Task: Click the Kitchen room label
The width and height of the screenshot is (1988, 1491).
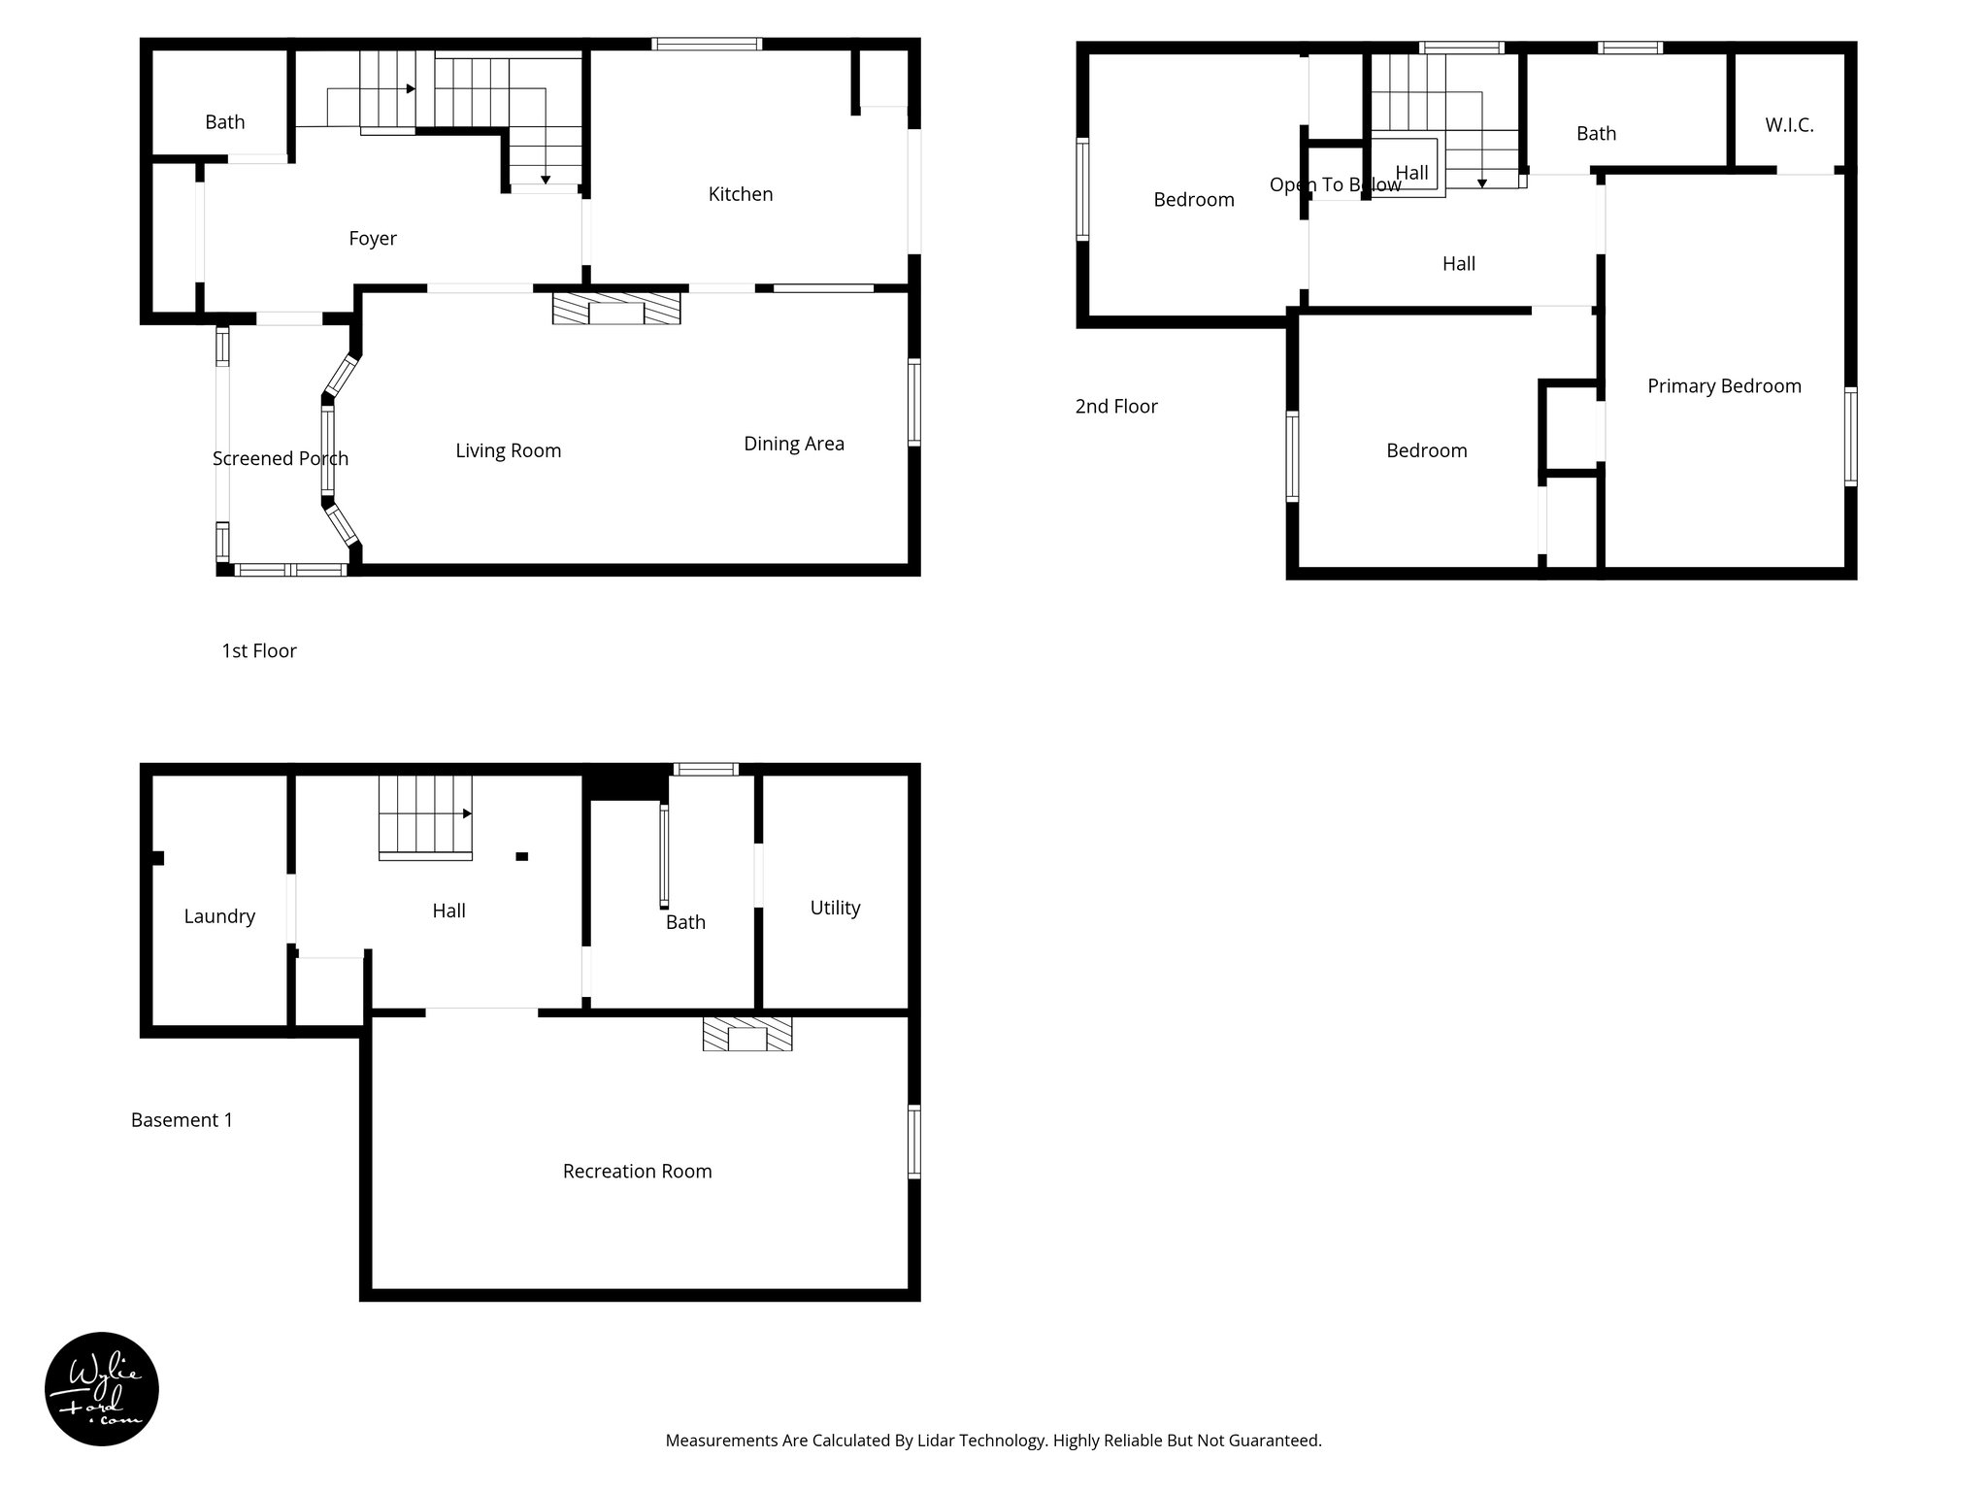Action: click(740, 194)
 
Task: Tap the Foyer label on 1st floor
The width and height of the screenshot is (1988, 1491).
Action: click(373, 239)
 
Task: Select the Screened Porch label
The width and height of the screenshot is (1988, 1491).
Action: click(280, 458)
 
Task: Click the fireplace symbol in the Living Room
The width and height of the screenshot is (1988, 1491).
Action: click(616, 308)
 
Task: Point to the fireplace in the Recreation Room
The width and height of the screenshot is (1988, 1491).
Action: click(747, 1034)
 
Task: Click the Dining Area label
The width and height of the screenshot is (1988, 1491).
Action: click(793, 444)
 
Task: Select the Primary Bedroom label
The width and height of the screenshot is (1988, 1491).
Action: click(1723, 386)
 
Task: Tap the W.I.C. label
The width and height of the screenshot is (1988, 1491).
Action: click(1788, 125)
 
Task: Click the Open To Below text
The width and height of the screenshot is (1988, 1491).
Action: click(1335, 185)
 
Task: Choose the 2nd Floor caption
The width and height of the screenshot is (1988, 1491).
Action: click(1115, 407)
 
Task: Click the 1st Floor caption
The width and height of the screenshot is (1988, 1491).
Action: click(258, 651)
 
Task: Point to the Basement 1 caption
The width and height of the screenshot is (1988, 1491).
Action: click(182, 1120)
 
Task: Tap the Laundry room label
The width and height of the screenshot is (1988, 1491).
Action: click(219, 916)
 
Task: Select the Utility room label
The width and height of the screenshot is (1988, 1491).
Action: click(835, 908)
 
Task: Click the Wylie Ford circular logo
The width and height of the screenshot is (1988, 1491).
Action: click(102, 1389)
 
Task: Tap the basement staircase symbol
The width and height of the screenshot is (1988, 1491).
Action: click(424, 817)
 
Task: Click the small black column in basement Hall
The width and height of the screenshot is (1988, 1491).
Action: click(521, 856)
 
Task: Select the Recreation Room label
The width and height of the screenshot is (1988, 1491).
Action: click(637, 1172)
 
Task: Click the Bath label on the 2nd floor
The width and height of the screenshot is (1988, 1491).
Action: click(1595, 134)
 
